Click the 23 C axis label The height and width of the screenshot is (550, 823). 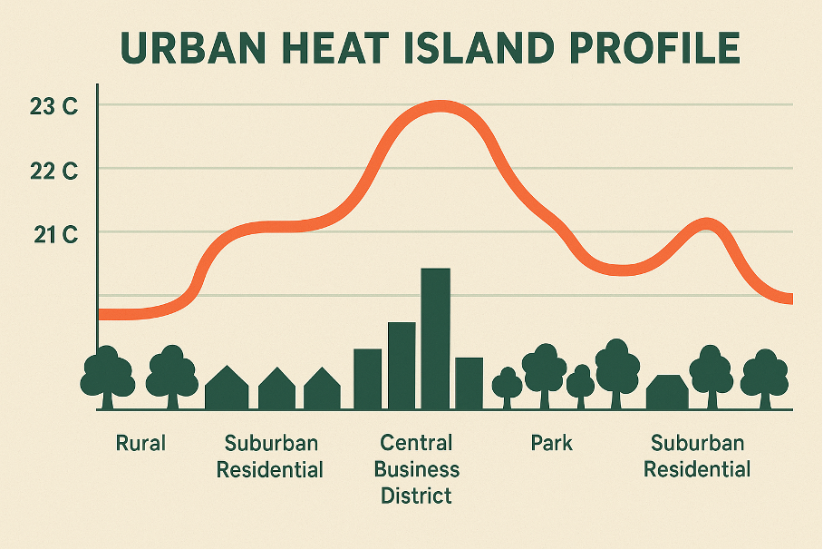[x=53, y=106]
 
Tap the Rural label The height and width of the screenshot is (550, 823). [x=140, y=444]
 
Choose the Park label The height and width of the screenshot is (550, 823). [x=551, y=444]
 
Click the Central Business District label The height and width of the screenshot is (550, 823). [x=417, y=470]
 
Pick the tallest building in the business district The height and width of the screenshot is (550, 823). [x=436, y=338]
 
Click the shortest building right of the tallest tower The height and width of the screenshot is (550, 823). [x=469, y=383]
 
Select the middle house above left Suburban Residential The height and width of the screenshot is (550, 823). [x=276, y=389]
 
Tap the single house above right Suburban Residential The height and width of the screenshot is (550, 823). [x=667, y=392]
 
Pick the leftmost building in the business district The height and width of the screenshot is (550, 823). [x=367, y=378]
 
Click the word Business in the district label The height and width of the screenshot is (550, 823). [x=417, y=470]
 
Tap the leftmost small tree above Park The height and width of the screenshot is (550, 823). [x=508, y=385]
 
